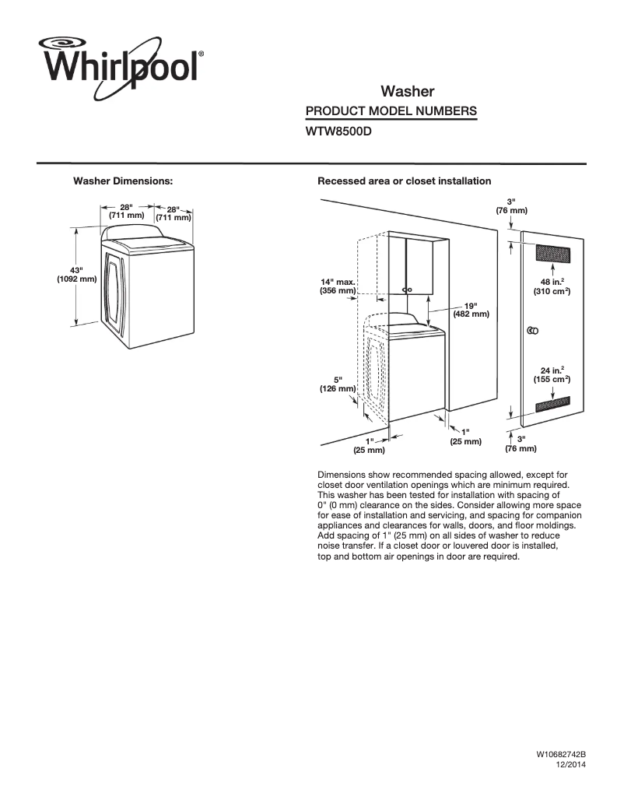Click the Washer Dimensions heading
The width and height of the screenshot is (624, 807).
pos(122,181)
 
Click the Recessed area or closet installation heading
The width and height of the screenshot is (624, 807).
pos(404,181)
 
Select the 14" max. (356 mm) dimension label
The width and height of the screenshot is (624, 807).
pos(338,286)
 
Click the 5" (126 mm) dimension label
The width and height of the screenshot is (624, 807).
pos(338,384)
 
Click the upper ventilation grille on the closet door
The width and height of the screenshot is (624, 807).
pos(552,254)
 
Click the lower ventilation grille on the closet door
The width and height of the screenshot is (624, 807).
pos(552,403)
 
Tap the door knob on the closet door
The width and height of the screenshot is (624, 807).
pos(532,331)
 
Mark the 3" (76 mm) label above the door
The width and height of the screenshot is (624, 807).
pos(511,206)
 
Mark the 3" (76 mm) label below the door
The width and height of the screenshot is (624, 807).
pos(521,444)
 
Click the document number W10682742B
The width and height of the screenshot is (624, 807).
pos(560,756)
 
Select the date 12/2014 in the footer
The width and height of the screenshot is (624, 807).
pos(570,765)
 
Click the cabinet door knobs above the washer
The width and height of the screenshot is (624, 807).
pos(405,289)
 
